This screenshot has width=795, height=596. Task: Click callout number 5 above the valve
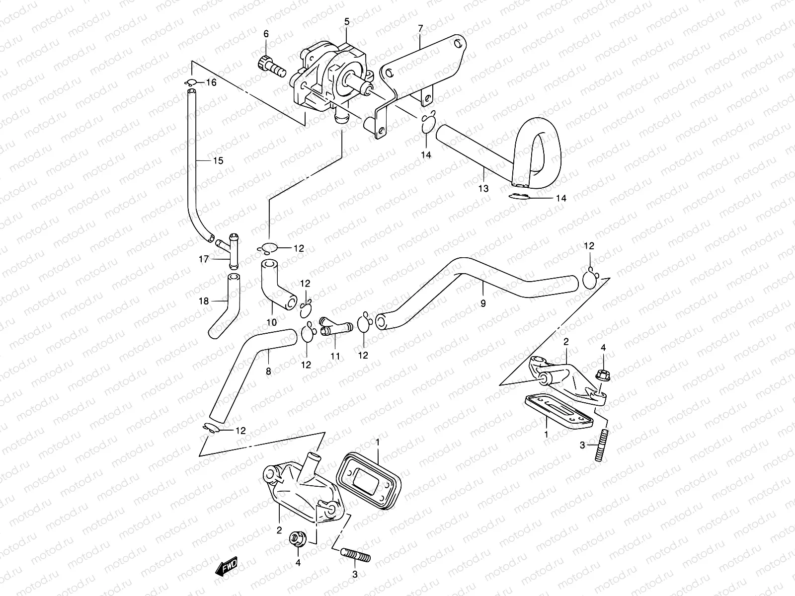[x=347, y=21]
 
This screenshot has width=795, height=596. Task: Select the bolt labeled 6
[x=271, y=67]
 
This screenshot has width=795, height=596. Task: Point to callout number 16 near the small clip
[x=211, y=82]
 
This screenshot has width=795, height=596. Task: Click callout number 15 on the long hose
[x=218, y=161]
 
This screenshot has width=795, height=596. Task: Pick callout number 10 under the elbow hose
[x=271, y=322]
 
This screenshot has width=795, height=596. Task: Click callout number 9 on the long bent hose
[x=483, y=303]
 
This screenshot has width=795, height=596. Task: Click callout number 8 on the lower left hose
[x=268, y=371]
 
